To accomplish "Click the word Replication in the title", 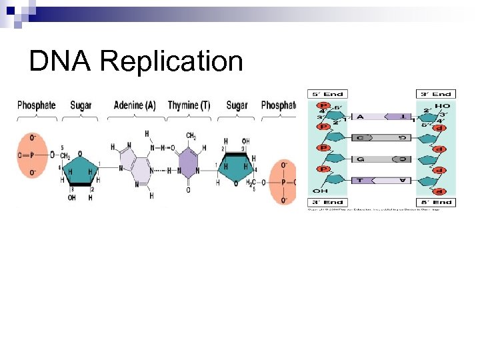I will click(x=171, y=62).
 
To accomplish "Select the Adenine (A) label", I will click(x=135, y=105).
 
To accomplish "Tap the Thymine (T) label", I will click(x=189, y=105).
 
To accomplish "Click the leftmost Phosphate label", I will click(x=36, y=105).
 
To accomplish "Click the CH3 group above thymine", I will click(x=191, y=136).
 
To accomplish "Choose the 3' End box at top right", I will click(x=436, y=94).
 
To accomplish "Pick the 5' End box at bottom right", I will click(x=436, y=202).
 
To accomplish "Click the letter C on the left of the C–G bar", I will click(x=360, y=137).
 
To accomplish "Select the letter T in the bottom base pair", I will click(x=360, y=180).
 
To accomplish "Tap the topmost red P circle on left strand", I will click(x=324, y=105).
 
